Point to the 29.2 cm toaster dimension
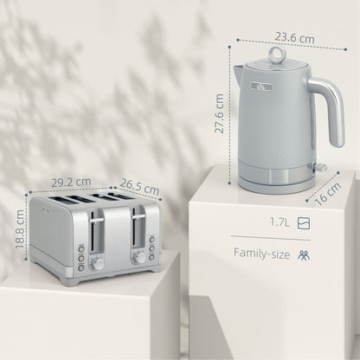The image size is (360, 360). coord(71,183)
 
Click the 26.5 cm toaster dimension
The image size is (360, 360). coord(139,187)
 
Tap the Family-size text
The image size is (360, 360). coord(260,254)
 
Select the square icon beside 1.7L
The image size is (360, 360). coord(302,222)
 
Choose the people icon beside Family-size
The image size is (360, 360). coord(303,254)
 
